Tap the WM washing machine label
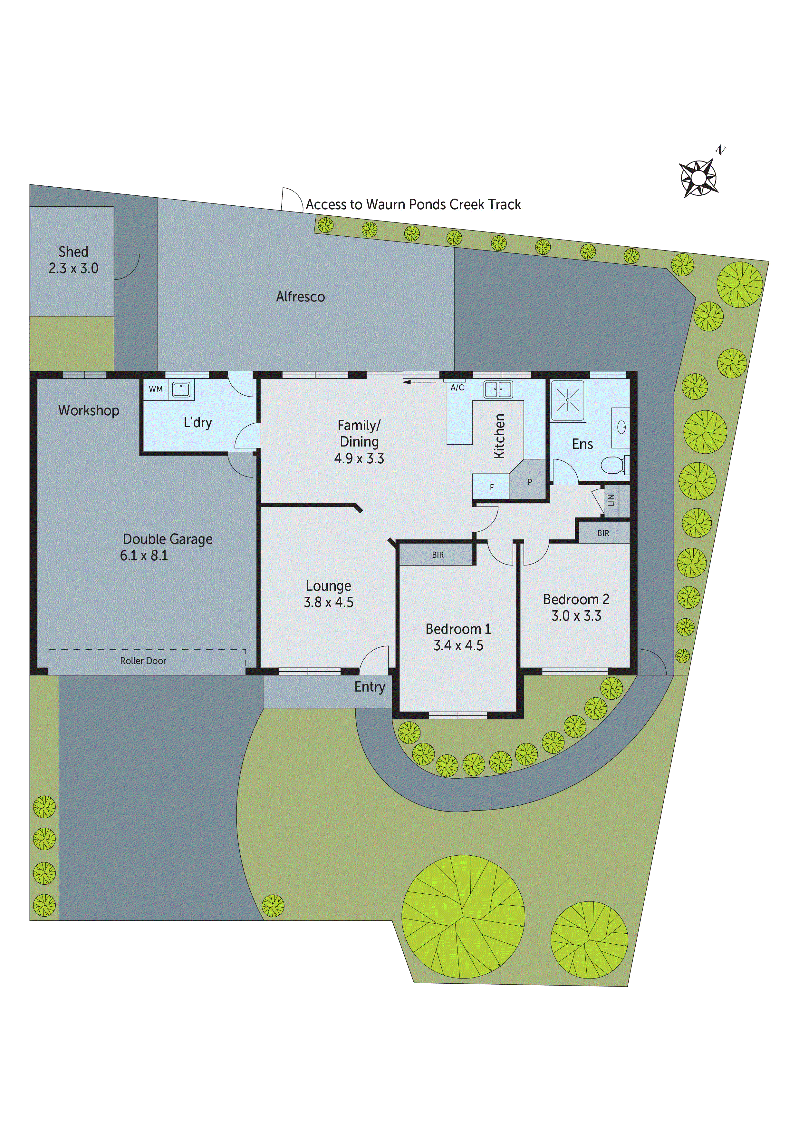tap(156, 389)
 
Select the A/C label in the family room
tap(457, 388)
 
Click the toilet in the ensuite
tap(613, 465)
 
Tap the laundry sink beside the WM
tap(181, 390)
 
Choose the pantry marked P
tap(530, 482)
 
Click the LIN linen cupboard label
tap(611, 500)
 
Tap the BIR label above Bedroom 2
tap(603, 533)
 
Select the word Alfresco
tap(300, 297)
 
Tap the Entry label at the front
tap(370, 687)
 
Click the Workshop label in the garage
tap(89, 410)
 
